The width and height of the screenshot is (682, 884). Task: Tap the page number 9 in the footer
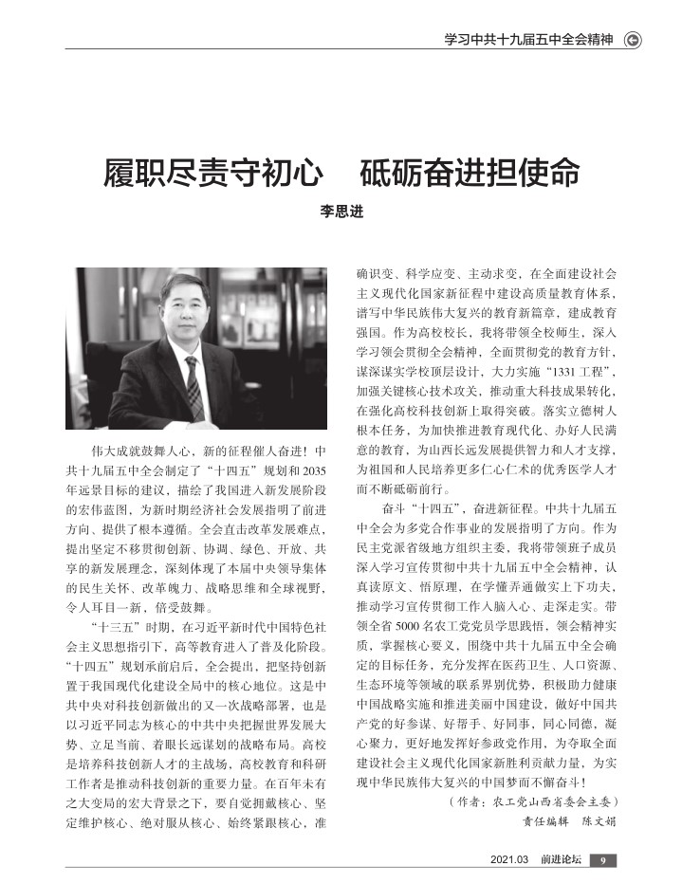pyautogui.click(x=603, y=860)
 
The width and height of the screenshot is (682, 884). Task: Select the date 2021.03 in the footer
pyautogui.click(x=509, y=860)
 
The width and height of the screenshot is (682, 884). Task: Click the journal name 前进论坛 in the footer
pyautogui.click(x=561, y=860)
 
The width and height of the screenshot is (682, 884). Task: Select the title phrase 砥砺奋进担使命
pyautogui.click(x=470, y=175)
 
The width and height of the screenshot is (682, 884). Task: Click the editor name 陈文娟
pyautogui.click(x=599, y=820)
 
